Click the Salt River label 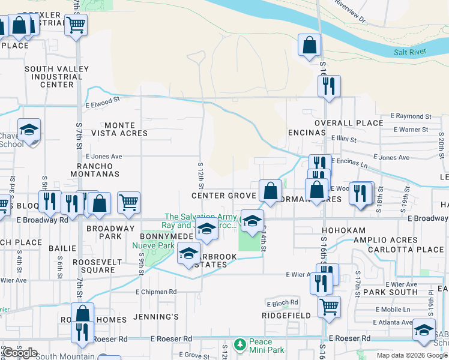point(409,52)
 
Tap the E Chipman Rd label point(156,292)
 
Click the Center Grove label point(223,196)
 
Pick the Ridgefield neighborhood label point(286,315)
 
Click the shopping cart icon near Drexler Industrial point(76,25)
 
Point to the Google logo point(20,353)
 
